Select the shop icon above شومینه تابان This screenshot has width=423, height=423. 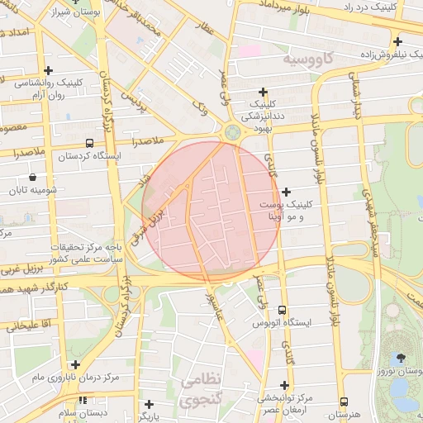(32, 177)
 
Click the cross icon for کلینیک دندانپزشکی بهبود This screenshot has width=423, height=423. (264, 92)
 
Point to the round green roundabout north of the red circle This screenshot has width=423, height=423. (231, 131)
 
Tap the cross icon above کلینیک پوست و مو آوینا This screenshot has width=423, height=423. (285, 192)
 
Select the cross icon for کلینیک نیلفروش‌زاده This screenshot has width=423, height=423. (397, 41)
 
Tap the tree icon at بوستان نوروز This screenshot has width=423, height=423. (401, 358)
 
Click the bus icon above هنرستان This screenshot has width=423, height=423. (343, 402)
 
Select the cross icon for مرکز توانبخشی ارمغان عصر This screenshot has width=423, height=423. (285, 385)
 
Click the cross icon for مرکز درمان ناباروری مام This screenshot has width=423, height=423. (75, 364)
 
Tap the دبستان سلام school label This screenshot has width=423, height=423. (78, 411)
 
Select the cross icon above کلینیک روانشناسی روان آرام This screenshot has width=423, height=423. (48, 70)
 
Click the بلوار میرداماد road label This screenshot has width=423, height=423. (289, 5)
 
